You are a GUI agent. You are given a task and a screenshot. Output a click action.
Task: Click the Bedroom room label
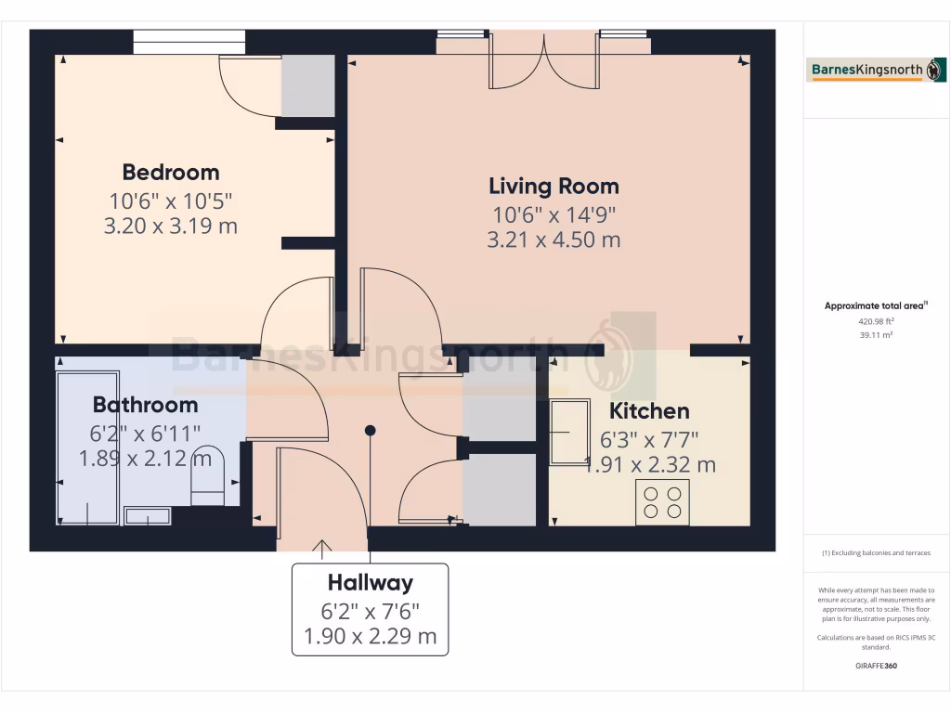click(171, 172)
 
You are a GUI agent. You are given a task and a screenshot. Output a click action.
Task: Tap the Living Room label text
click(554, 186)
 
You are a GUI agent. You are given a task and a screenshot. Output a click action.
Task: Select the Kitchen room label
click(648, 410)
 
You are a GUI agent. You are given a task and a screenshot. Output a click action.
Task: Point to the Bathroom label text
click(145, 405)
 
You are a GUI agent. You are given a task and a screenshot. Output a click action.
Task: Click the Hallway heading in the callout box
click(370, 583)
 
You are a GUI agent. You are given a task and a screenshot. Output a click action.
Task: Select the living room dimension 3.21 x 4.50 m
click(554, 240)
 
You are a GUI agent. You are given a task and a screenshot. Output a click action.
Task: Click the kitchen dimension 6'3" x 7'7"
click(649, 438)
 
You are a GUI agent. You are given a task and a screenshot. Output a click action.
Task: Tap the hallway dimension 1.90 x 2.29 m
click(370, 637)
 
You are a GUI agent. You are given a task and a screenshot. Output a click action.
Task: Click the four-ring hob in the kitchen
click(662, 502)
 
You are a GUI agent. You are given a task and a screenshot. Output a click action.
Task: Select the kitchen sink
click(568, 432)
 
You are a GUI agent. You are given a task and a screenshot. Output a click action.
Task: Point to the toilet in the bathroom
click(207, 474)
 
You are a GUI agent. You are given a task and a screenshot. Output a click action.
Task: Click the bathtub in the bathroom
click(87, 447)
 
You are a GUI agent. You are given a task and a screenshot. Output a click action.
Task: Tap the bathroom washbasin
click(147, 516)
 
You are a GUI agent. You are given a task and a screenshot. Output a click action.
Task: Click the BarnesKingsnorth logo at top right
click(865, 71)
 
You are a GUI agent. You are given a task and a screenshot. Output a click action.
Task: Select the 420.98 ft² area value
click(859, 321)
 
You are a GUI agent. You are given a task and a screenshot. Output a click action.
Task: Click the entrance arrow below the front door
click(323, 549)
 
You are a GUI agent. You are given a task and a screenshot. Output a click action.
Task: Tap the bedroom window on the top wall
click(189, 42)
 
